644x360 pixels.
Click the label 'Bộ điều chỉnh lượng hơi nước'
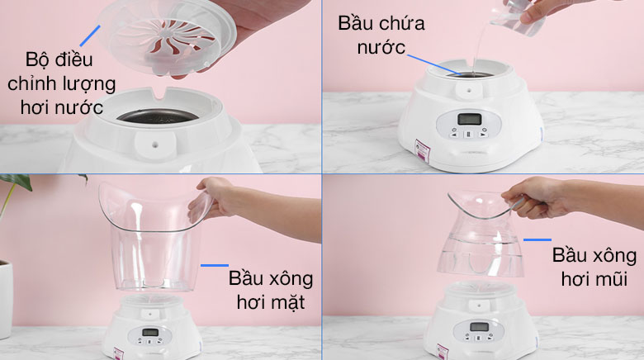point(62,83)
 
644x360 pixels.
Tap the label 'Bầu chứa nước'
point(381,36)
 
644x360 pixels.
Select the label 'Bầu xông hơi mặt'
point(271,290)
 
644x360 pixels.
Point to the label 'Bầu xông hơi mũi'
point(594,268)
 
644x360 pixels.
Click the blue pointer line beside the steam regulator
point(90,36)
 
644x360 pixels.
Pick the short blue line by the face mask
point(215,266)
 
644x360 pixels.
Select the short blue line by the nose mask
point(537,239)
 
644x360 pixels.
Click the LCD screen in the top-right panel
point(469,119)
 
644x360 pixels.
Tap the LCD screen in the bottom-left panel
point(150,333)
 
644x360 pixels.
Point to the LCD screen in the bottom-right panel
point(479,327)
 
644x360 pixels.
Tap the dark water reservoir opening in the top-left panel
point(158,116)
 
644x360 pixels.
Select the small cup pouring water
point(520,17)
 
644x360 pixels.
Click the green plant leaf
point(17,181)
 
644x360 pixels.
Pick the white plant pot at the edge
point(6,299)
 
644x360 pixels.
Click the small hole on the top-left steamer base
point(156,144)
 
